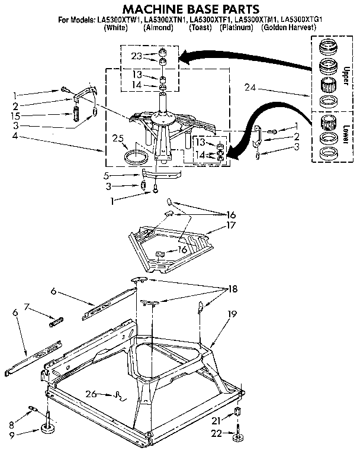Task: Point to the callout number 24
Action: tap(251, 88)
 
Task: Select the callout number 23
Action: tap(137, 57)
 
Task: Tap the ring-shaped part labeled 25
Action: tap(137, 157)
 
